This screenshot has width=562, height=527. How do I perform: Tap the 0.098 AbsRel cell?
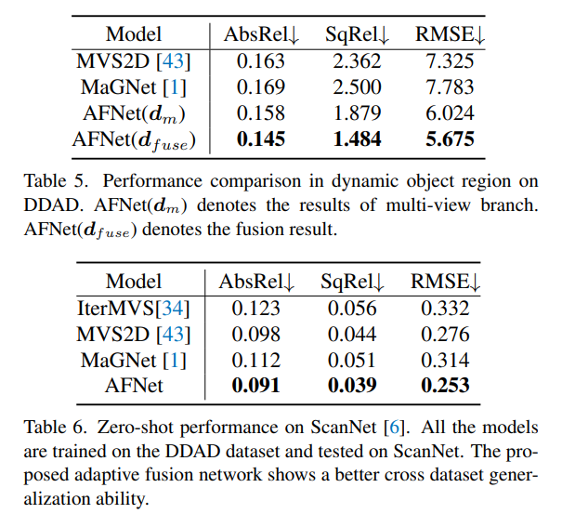click(255, 334)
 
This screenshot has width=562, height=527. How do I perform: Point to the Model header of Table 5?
click(133, 35)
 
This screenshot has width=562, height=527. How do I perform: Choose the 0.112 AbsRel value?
click(255, 360)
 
